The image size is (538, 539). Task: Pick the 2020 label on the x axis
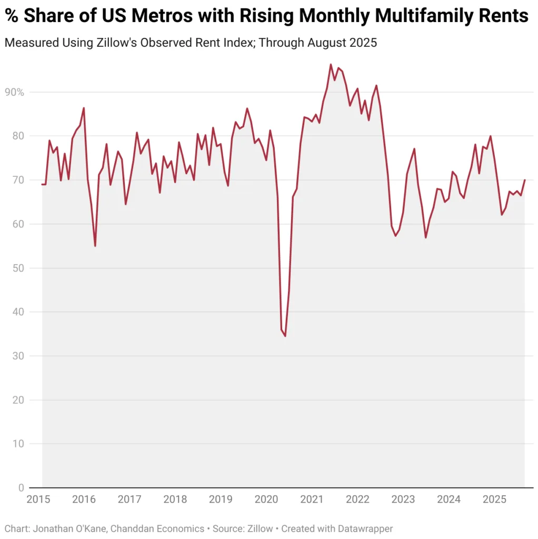[266, 500]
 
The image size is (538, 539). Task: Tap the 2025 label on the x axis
[494, 500]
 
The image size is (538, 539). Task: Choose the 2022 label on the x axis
[358, 500]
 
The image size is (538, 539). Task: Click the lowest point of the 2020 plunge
[285, 336]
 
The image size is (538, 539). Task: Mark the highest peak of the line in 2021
[331, 65]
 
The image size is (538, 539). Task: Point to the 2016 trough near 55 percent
[95, 246]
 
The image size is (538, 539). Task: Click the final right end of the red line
[524, 180]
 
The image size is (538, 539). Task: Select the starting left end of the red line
[42, 184]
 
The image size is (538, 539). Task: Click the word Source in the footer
[227, 528]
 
